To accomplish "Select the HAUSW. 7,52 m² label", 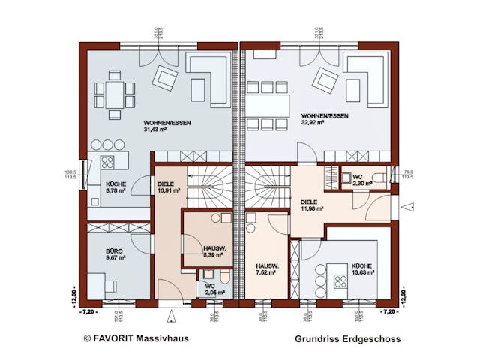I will coord(268,268).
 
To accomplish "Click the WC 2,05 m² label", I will coord(213,290).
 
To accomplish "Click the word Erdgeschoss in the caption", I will coord(373,339).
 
